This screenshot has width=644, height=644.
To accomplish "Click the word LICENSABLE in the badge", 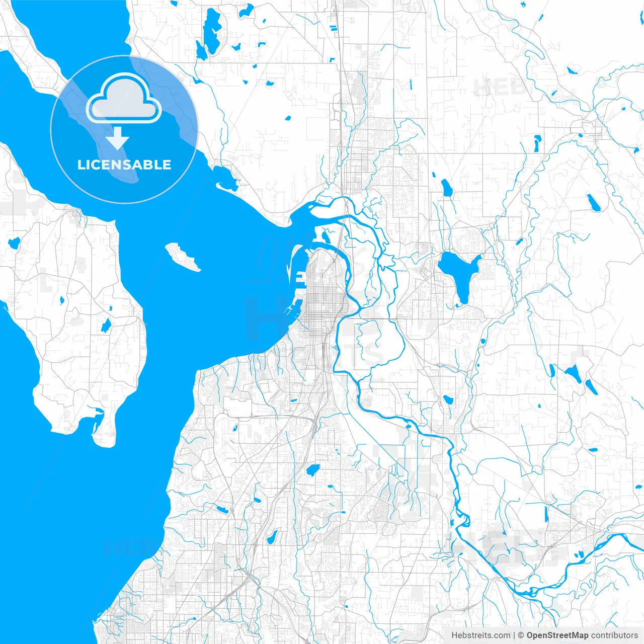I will click(124, 165).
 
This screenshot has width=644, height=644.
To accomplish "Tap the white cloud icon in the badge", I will click(124, 98).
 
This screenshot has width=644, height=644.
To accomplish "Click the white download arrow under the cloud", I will click(117, 138).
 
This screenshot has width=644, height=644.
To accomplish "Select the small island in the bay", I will click(183, 257).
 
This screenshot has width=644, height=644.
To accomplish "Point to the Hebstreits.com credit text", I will click(480, 635).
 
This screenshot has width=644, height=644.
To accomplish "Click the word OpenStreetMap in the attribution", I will click(557, 635).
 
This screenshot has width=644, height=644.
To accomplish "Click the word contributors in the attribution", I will click(614, 635).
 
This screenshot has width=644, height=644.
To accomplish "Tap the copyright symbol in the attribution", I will click(521, 635).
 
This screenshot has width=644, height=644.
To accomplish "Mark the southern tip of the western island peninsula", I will click(103, 440).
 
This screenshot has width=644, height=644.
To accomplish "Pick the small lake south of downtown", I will click(312, 470).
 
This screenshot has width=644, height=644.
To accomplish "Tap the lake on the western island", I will click(106, 326).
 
